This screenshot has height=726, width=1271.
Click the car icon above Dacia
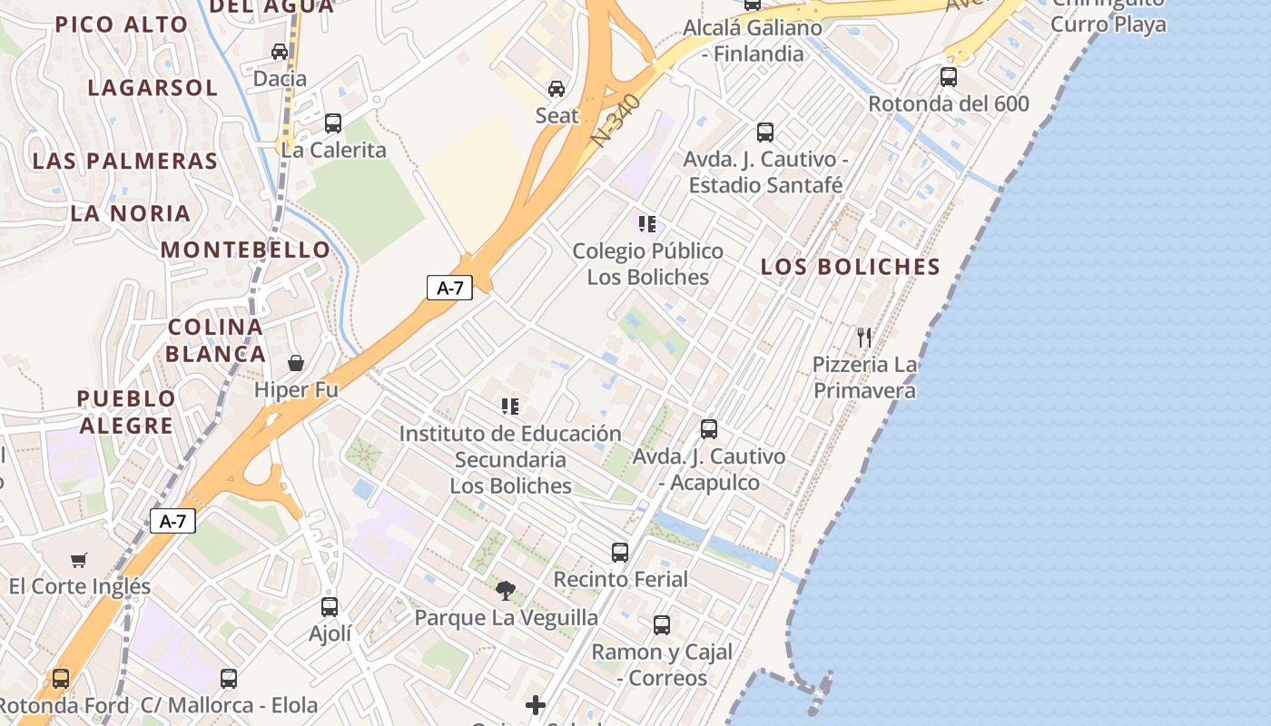click(x=280, y=52)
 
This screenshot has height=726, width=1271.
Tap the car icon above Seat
click(x=556, y=89)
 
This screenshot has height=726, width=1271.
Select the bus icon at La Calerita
click(x=333, y=123)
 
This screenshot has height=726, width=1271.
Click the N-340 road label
click(x=616, y=121)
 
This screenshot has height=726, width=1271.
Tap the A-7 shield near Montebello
click(x=450, y=289)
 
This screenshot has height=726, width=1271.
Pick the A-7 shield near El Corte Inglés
click(x=172, y=521)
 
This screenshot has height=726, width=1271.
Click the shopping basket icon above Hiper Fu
click(x=296, y=363)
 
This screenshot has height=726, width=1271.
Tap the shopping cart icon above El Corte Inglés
click(x=79, y=560)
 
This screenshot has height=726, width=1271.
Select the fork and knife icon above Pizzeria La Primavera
click(x=864, y=338)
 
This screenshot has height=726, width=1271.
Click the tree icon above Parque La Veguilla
click(x=506, y=591)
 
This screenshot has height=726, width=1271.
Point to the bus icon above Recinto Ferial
click(x=620, y=552)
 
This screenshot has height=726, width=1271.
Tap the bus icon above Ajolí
click(x=330, y=606)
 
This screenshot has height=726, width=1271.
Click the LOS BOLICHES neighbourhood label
click(x=850, y=267)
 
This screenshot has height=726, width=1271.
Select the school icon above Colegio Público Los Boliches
click(x=646, y=224)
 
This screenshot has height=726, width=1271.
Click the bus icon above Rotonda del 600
click(x=949, y=77)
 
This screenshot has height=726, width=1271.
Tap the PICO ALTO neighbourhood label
click(x=122, y=25)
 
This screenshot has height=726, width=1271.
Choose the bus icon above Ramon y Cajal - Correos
click(x=662, y=624)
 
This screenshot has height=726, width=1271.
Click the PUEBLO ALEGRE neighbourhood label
click(x=125, y=412)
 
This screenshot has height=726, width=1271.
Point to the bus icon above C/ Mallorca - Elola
click(x=229, y=678)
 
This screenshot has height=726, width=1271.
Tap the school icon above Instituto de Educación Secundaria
click(x=510, y=407)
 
